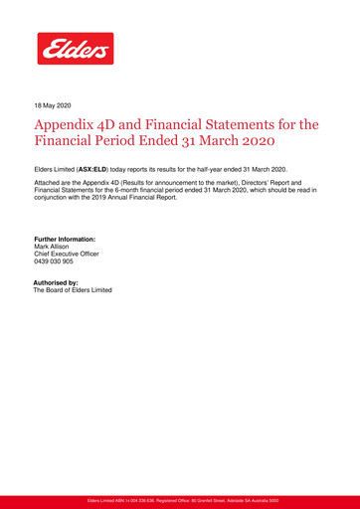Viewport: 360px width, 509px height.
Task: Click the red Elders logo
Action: coord(76,48)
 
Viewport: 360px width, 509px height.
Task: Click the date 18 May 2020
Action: coord(54,103)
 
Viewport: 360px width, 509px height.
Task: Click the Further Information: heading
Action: coord(65,240)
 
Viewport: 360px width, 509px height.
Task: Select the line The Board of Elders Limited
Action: coord(74,290)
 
